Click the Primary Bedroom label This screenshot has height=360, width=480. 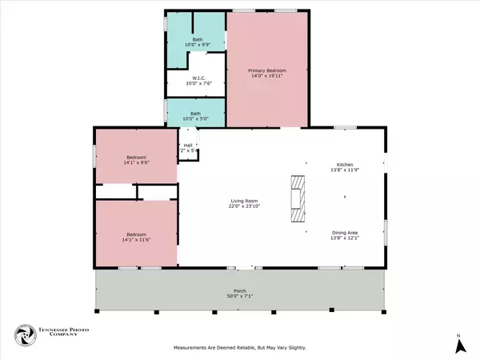[x=266, y=71]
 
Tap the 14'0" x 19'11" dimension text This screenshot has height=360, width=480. [x=266, y=77]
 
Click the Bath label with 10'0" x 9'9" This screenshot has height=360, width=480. [x=197, y=39]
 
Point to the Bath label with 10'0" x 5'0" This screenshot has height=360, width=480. [x=195, y=113]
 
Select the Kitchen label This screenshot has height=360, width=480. [x=345, y=165]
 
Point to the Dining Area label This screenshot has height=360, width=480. [x=345, y=234]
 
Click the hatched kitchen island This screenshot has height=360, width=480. [x=298, y=198]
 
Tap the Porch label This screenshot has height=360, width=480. [x=240, y=290]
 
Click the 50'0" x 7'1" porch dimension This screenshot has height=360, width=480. [x=240, y=296]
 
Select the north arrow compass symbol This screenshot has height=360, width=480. [x=459, y=345]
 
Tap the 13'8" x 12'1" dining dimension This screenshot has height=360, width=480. [x=345, y=239]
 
